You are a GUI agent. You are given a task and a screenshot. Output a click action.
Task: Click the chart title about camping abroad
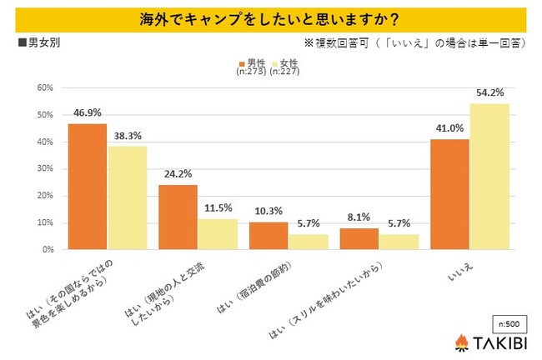pos(270,17)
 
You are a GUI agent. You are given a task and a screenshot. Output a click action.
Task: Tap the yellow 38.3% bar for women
pos(128,198)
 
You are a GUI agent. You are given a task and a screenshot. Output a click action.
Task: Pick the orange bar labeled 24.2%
pos(178,217)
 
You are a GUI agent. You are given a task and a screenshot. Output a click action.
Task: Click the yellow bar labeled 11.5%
pos(218,234)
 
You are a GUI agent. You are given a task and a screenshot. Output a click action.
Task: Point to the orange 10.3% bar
pos(268,236)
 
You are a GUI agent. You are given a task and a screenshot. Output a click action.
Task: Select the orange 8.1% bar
pos(359,239)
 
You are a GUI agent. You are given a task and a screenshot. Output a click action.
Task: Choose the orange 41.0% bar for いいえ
pos(449,194)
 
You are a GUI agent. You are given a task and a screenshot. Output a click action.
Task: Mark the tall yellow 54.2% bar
pos(489,177)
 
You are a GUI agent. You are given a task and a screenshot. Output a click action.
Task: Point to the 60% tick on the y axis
pos(45,87)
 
